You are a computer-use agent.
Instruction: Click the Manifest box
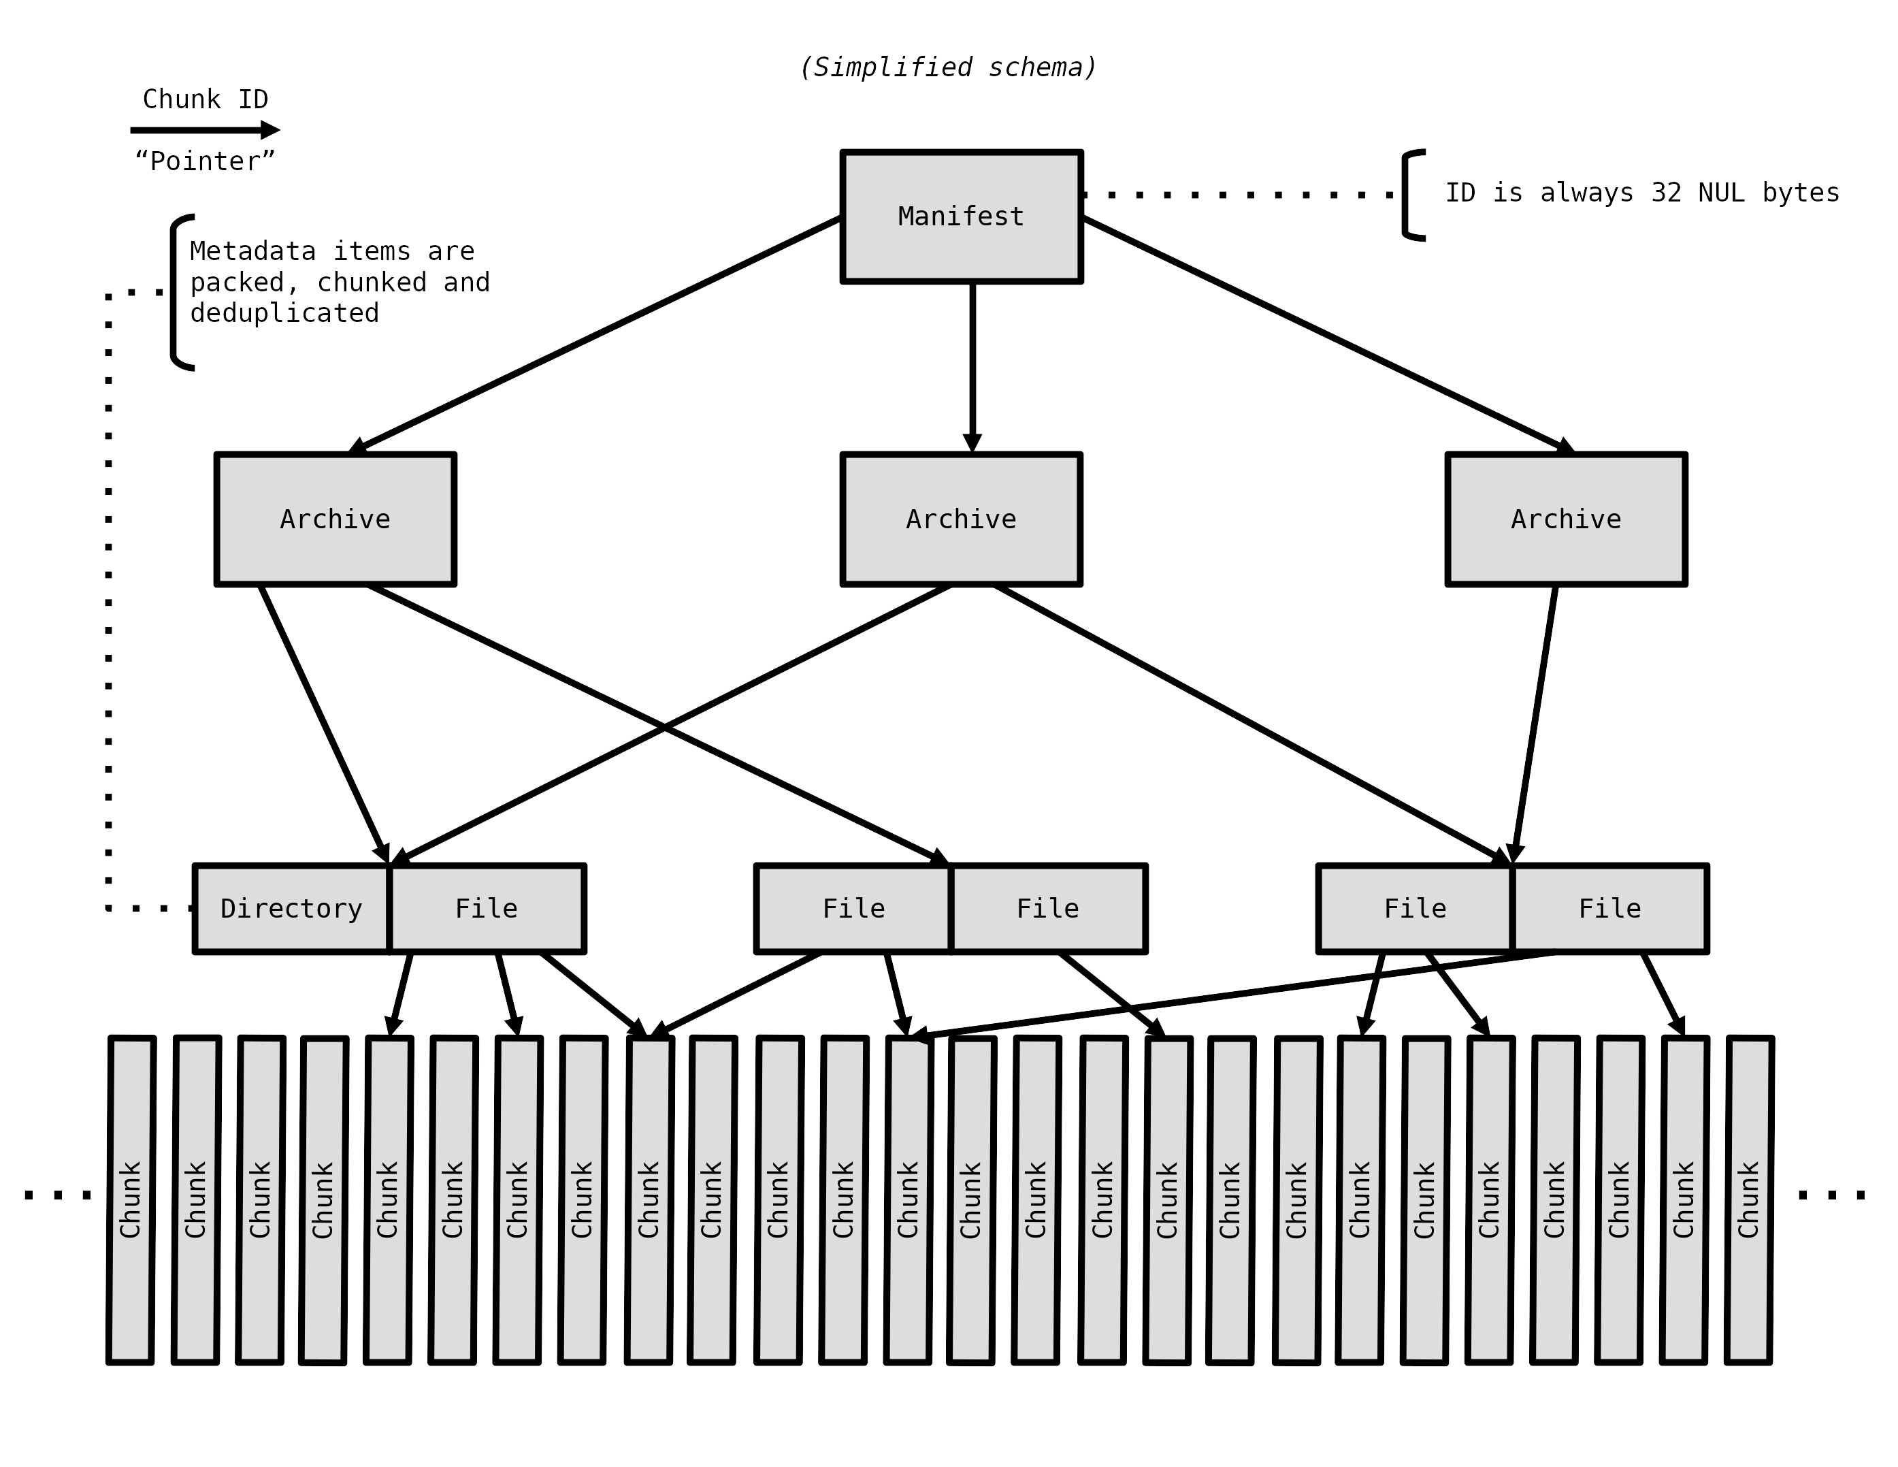pyautogui.click(x=961, y=216)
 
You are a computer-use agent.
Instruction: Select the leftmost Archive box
pyautogui.click(x=336, y=519)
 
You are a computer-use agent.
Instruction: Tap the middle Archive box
pyautogui.click(x=961, y=519)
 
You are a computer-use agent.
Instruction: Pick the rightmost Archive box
pyautogui.click(x=1566, y=519)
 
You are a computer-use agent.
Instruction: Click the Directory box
pyautogui.click(x=292, y=908)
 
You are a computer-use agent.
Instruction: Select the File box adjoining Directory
pyautogui.click(x=487, y=908)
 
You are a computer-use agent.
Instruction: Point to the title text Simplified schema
pyautogui.click(x=948, y=67)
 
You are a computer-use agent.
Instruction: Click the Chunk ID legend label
pyautogui.click(x=205, y=99)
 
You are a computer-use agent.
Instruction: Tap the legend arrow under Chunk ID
pyautogui.click(x=205, y=130)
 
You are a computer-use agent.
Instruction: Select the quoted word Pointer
pyautogui.click(x=205, y=161)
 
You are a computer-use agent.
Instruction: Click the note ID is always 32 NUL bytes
pyautogui.click(x=1641, y=192)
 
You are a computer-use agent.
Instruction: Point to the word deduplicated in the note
pyautogui.click(x=285, y=313)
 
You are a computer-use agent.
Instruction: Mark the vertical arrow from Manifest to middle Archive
pyautogui.click(x=972, y=365)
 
